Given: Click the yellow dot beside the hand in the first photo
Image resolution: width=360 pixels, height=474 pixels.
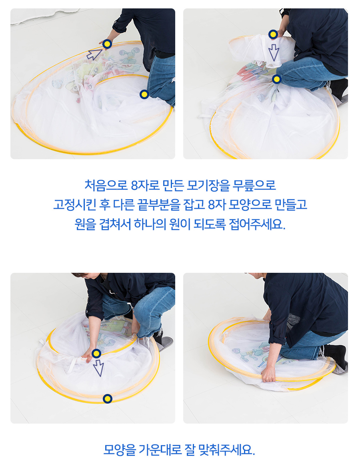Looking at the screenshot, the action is click(x=107, y=44).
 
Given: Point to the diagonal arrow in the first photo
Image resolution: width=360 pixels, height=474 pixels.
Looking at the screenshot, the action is click(x=95, y=54).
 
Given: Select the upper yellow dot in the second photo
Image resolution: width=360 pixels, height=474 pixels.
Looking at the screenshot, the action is click(x=273, y=34).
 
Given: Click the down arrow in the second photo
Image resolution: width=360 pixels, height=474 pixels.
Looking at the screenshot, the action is click(x=274, y=52).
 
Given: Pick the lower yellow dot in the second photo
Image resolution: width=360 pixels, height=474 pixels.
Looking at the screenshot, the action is click(x=276, y=80).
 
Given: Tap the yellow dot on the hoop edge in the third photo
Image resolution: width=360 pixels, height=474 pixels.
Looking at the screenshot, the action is click(x=108, y=399).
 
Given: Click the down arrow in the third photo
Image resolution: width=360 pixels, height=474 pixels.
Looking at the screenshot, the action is click(x=98, y=368).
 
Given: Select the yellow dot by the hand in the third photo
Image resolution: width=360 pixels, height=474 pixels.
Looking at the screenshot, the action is click(x=96, y=353).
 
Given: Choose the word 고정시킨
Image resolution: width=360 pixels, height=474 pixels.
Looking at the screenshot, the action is click(x=75, y=205).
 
